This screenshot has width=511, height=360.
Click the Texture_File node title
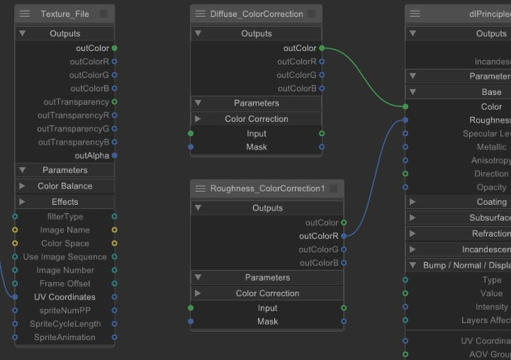[x=64, y=14]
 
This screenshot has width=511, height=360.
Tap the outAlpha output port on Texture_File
[x=115, y=156]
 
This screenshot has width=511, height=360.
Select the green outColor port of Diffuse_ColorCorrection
[x=322, y=48]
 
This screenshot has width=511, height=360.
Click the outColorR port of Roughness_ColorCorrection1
[x=344, y=236]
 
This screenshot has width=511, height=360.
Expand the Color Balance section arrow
[x=23, y=186]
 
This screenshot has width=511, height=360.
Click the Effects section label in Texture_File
[x=64, y=202]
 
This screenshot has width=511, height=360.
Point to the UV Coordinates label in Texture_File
[x=64, y=297]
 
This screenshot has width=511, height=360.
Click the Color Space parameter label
[x=64, y=243]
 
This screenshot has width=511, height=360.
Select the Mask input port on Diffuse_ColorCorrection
[x=191, y=147]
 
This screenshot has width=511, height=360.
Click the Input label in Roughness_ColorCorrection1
[x=267, y=308]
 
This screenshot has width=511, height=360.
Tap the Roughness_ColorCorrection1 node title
[x=267, y=189]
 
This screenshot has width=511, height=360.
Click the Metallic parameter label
[x=491, y=147]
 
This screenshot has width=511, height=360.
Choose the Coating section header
[x=491, y=202]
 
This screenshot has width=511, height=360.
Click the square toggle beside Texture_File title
[x=103, y=14]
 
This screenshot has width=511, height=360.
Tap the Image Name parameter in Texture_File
[x=64, y=230]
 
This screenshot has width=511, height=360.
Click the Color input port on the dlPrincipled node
[x=405, y=107]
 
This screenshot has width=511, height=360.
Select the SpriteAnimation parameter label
[x=64, y=337]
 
